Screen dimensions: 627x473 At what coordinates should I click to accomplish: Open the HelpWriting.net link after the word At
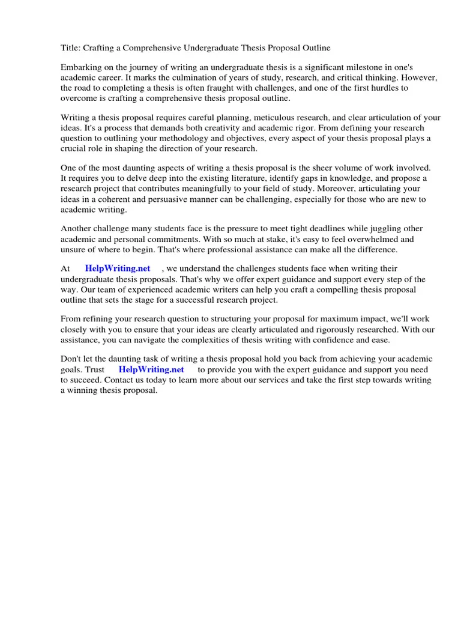[117, 268]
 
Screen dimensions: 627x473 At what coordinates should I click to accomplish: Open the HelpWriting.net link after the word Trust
[151, 369]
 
